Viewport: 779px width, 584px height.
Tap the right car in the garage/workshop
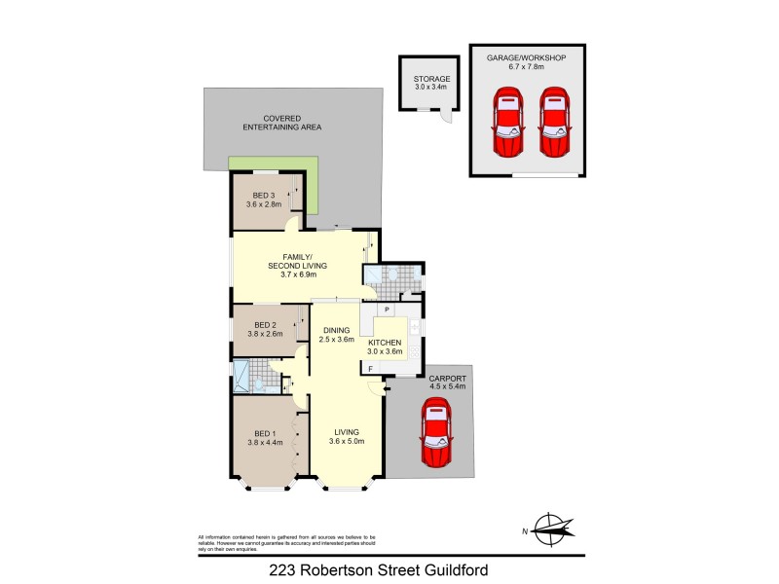552,123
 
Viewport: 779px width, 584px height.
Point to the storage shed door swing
445,116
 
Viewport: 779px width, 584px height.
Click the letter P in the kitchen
387,310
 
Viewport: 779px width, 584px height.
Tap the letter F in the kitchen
371,368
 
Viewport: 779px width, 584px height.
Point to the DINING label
336,330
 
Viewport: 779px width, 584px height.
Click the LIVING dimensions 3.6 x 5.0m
346,443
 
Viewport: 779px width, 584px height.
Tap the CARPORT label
448,378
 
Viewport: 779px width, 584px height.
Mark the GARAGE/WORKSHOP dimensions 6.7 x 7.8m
526,67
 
